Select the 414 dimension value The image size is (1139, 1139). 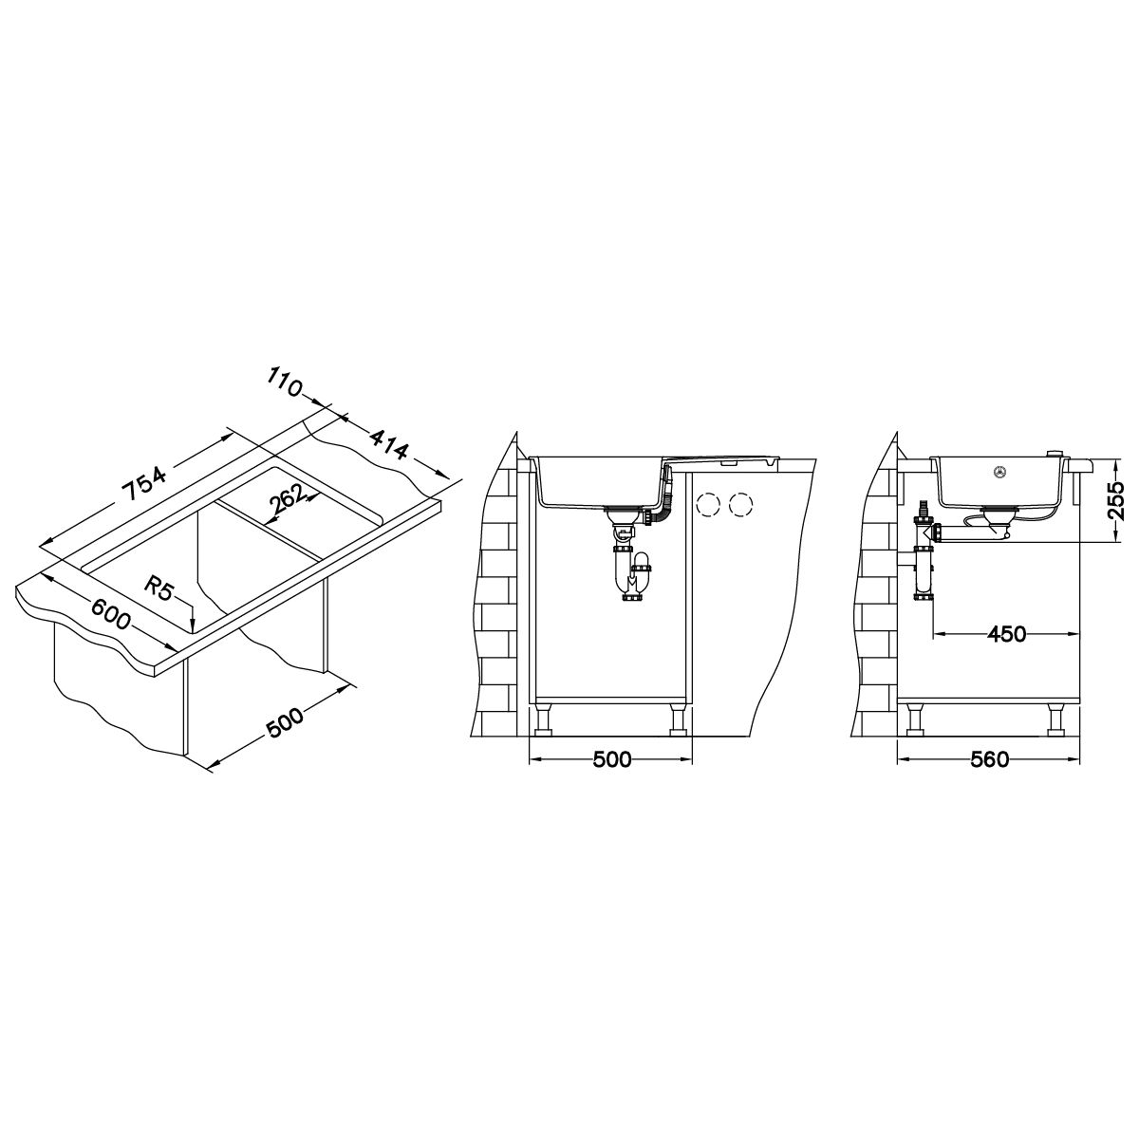[389, 445]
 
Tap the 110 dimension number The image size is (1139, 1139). [285, 382]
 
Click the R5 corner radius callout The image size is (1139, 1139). [159, 589]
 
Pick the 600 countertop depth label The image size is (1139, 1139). [110, 613]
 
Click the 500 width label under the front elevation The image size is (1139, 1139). [611, 759]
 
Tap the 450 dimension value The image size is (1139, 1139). [1006, 634]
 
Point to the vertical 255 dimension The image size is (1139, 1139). [1115, 501]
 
